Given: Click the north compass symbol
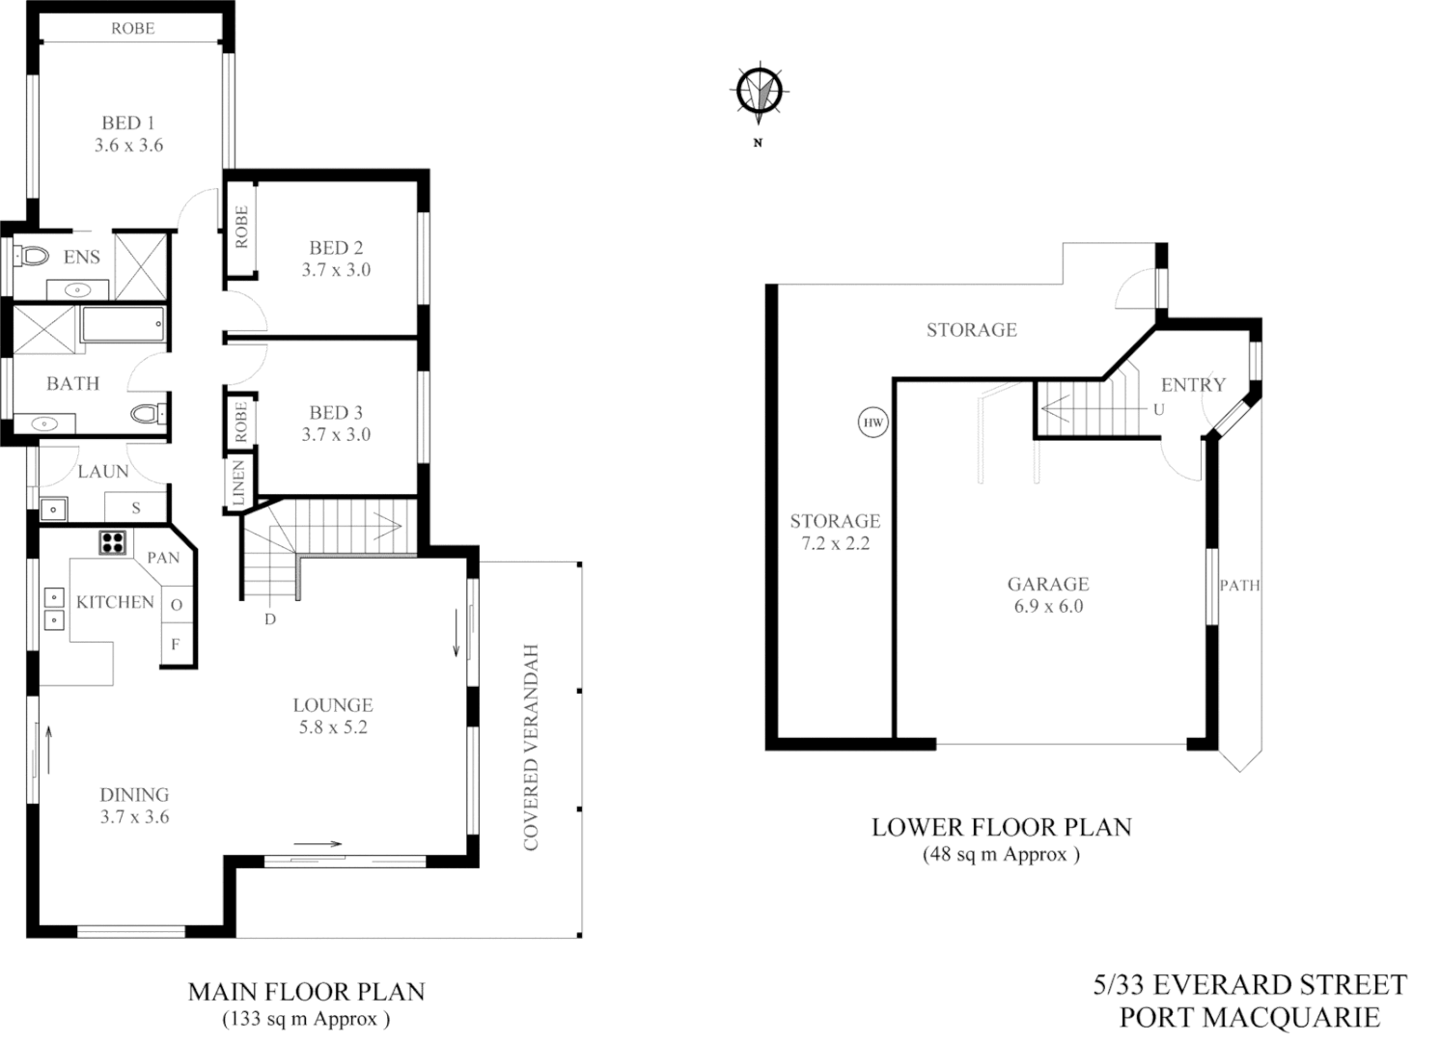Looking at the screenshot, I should pos(760,94).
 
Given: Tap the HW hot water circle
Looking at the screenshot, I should pos(872,423).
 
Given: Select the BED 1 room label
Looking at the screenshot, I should pos(128,123).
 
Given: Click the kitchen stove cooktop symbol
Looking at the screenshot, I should pos(113,542).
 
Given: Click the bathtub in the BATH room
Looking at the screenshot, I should pos(123,324).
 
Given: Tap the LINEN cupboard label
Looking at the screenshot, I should pos(239,483).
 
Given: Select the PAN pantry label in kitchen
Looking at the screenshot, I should pos(163,558).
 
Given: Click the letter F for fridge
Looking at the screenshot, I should pos(176,644).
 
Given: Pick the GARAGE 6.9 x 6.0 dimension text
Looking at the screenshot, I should pos(1047,607).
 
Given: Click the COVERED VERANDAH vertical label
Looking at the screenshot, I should pos(530,748).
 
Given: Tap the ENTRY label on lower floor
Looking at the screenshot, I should pos(1193,385).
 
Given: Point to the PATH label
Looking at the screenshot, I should pos(1239,586).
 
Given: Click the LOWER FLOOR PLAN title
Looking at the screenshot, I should pos(1001,827).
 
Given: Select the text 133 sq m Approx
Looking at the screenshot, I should pos(306,1019).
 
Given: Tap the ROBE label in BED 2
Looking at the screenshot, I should pos(241,228).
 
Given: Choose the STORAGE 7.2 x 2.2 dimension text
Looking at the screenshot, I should pos(835,544).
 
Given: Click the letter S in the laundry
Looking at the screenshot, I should pos(136,508).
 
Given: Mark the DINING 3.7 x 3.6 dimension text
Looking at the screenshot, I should pos(134,817).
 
